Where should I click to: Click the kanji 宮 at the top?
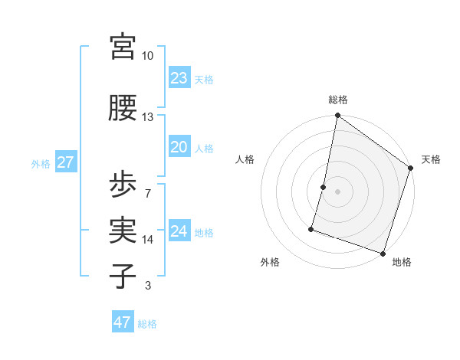point(122,47)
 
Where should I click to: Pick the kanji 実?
point(122,229)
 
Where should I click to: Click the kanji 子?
point(122,274)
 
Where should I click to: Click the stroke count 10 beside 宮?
point(147,56)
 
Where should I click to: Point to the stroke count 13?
point(147,116)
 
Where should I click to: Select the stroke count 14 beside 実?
point(147,240)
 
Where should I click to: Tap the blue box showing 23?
point(179,78)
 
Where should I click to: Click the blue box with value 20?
point(179,148)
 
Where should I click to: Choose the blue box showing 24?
point(179,232)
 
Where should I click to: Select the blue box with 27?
point(65,162)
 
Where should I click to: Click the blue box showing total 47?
point(122,322)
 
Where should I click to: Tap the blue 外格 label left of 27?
point(41,163)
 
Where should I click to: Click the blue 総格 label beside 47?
point(147,324)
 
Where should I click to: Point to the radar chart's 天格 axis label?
point(431,159)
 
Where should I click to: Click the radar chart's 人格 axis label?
point(245,159)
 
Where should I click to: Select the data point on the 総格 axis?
point(337,116)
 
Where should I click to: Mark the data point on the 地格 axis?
point(383,253)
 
